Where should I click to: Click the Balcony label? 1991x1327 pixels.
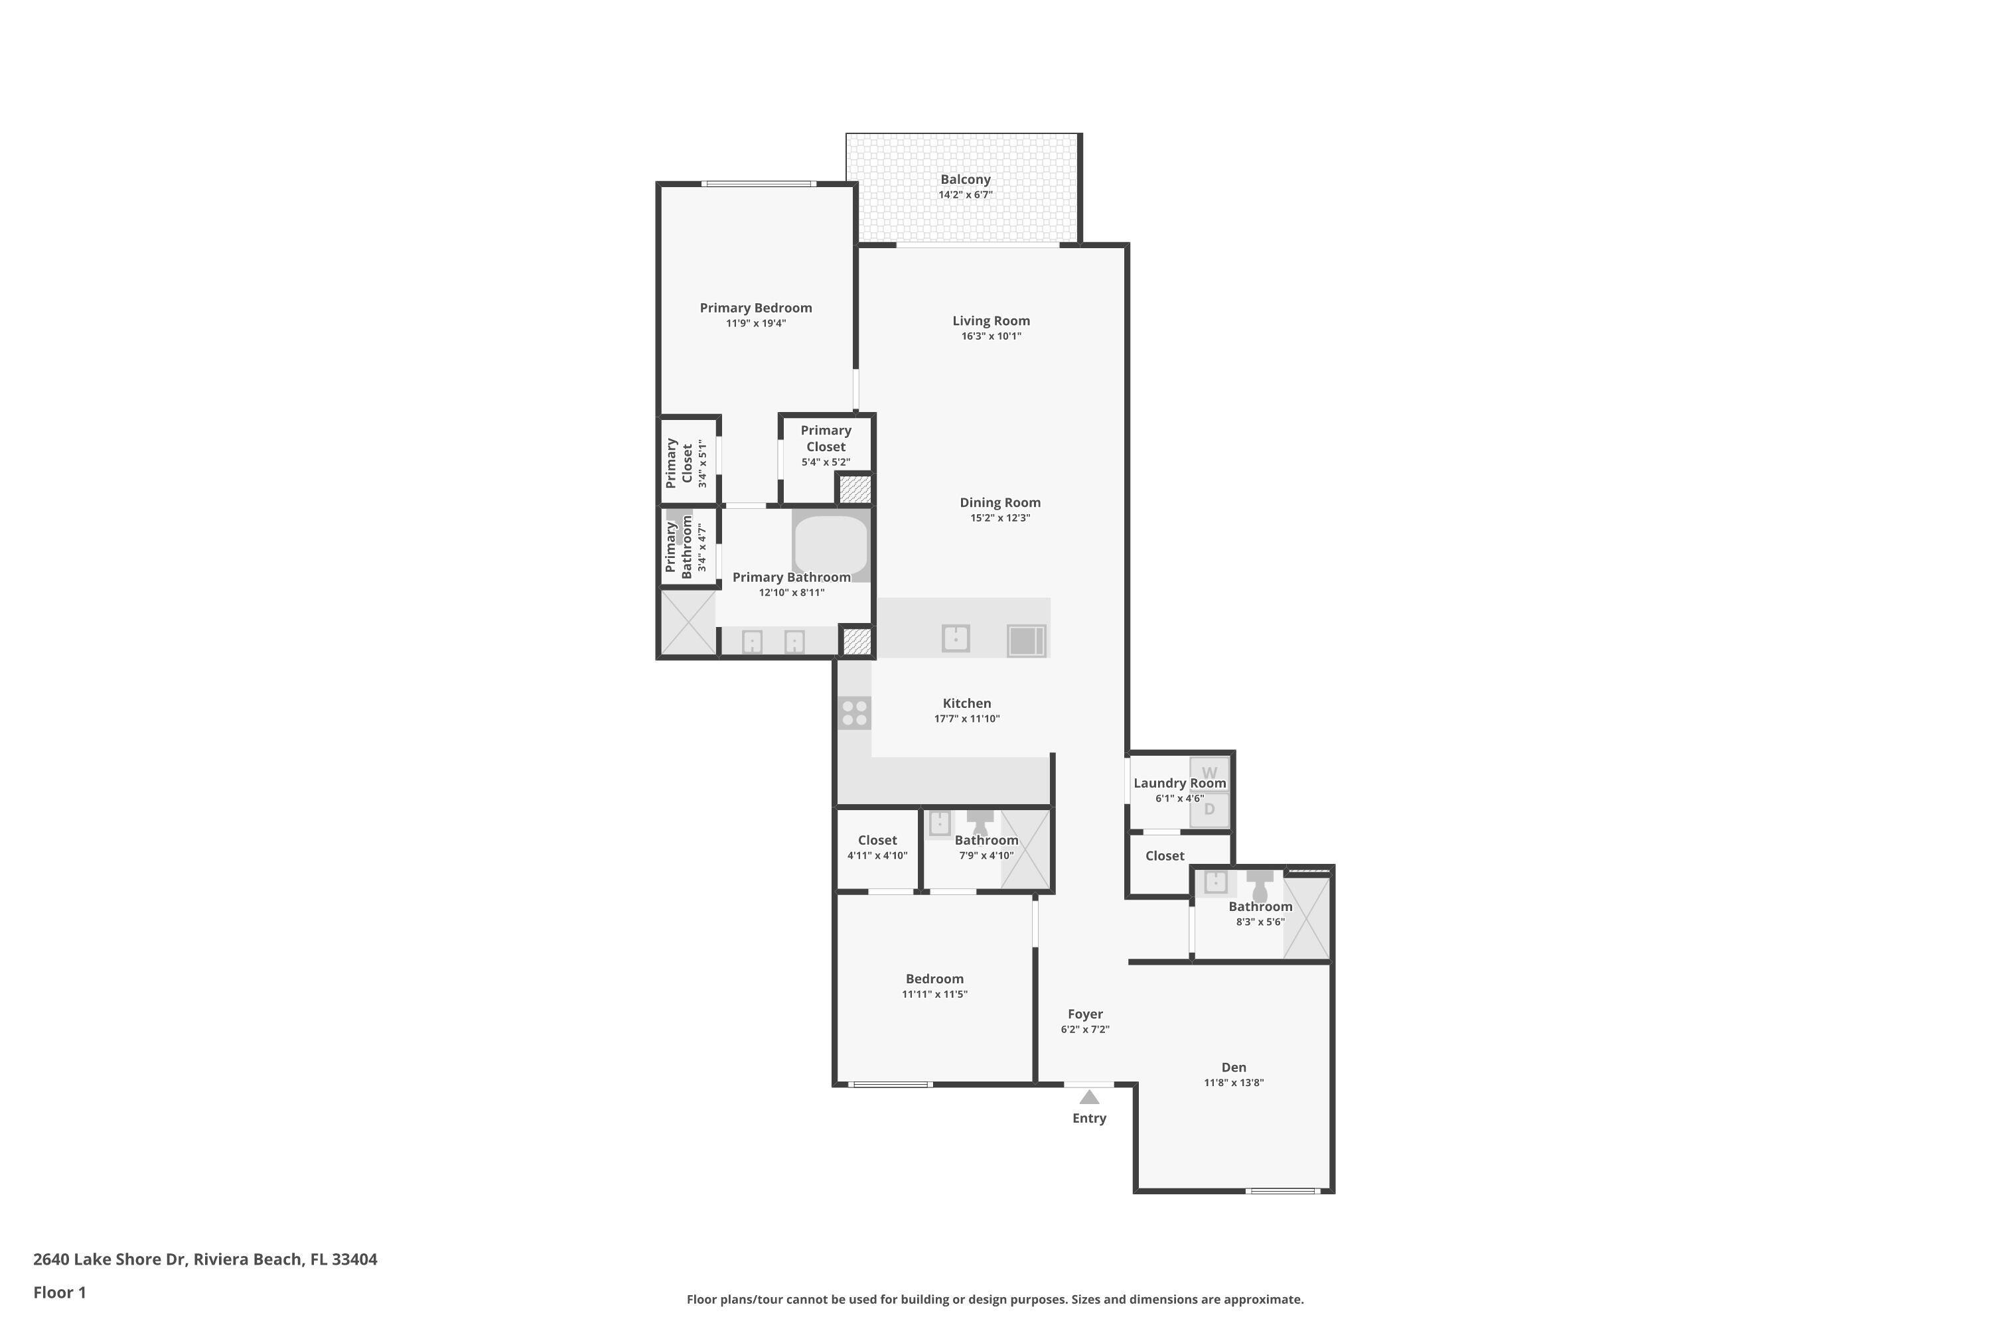965,179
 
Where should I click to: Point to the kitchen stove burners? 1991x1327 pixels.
854,713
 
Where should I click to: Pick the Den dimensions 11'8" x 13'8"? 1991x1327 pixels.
1233,1082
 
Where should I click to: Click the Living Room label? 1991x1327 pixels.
990,320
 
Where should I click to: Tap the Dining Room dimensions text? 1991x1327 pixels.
999,518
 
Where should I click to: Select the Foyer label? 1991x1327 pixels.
1084,1014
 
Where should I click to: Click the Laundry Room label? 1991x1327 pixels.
1179,783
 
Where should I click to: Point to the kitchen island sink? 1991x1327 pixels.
955,638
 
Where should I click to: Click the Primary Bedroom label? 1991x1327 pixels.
755,308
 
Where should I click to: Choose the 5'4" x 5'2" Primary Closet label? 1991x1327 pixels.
826,446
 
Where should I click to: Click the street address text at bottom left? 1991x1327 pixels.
205,1259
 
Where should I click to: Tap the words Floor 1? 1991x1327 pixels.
59,1292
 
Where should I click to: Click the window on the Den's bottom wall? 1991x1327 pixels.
1282,1191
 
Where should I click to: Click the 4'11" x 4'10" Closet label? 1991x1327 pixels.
877,841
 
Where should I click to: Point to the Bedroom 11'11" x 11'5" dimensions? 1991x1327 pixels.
934,995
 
